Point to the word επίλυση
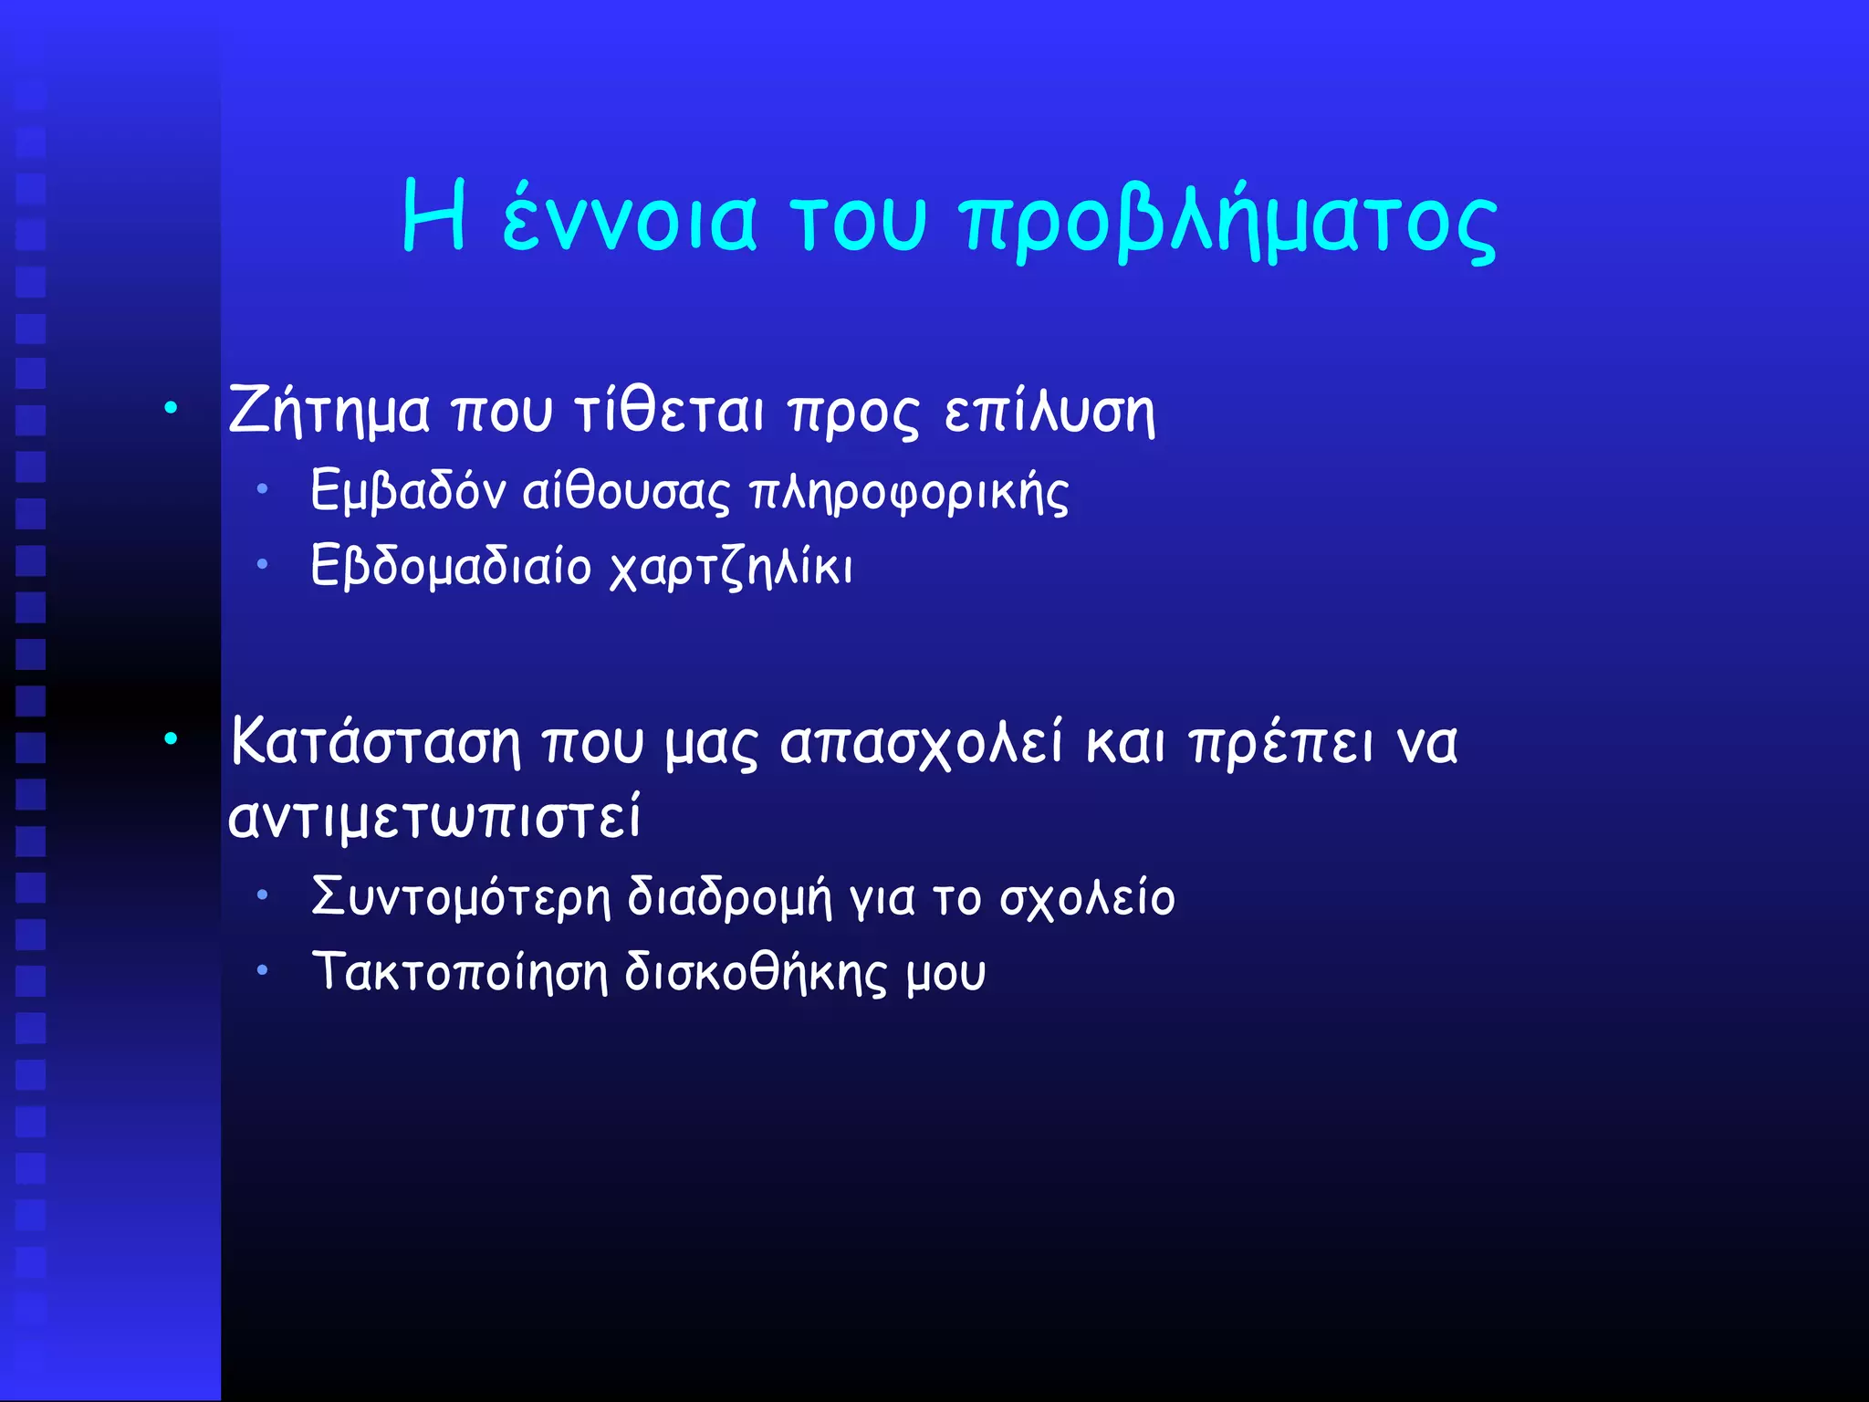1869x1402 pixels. tap(1049, 413)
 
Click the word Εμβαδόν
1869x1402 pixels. tap(408, 492)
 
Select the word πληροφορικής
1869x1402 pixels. tap(909, 494)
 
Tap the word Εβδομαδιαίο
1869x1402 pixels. tap(451, 567)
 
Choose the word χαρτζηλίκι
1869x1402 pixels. tap(731, 568)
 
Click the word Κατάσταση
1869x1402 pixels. tap(375, 742)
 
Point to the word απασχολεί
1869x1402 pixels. tap(922, 742)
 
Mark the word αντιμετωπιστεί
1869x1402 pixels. tap(434, 817)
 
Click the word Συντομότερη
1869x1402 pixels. tap(460, 897)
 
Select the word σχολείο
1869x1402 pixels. tap(1087, 898)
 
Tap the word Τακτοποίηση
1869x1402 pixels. tap(459, 973)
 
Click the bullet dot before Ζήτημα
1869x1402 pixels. tap(171, 408)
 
